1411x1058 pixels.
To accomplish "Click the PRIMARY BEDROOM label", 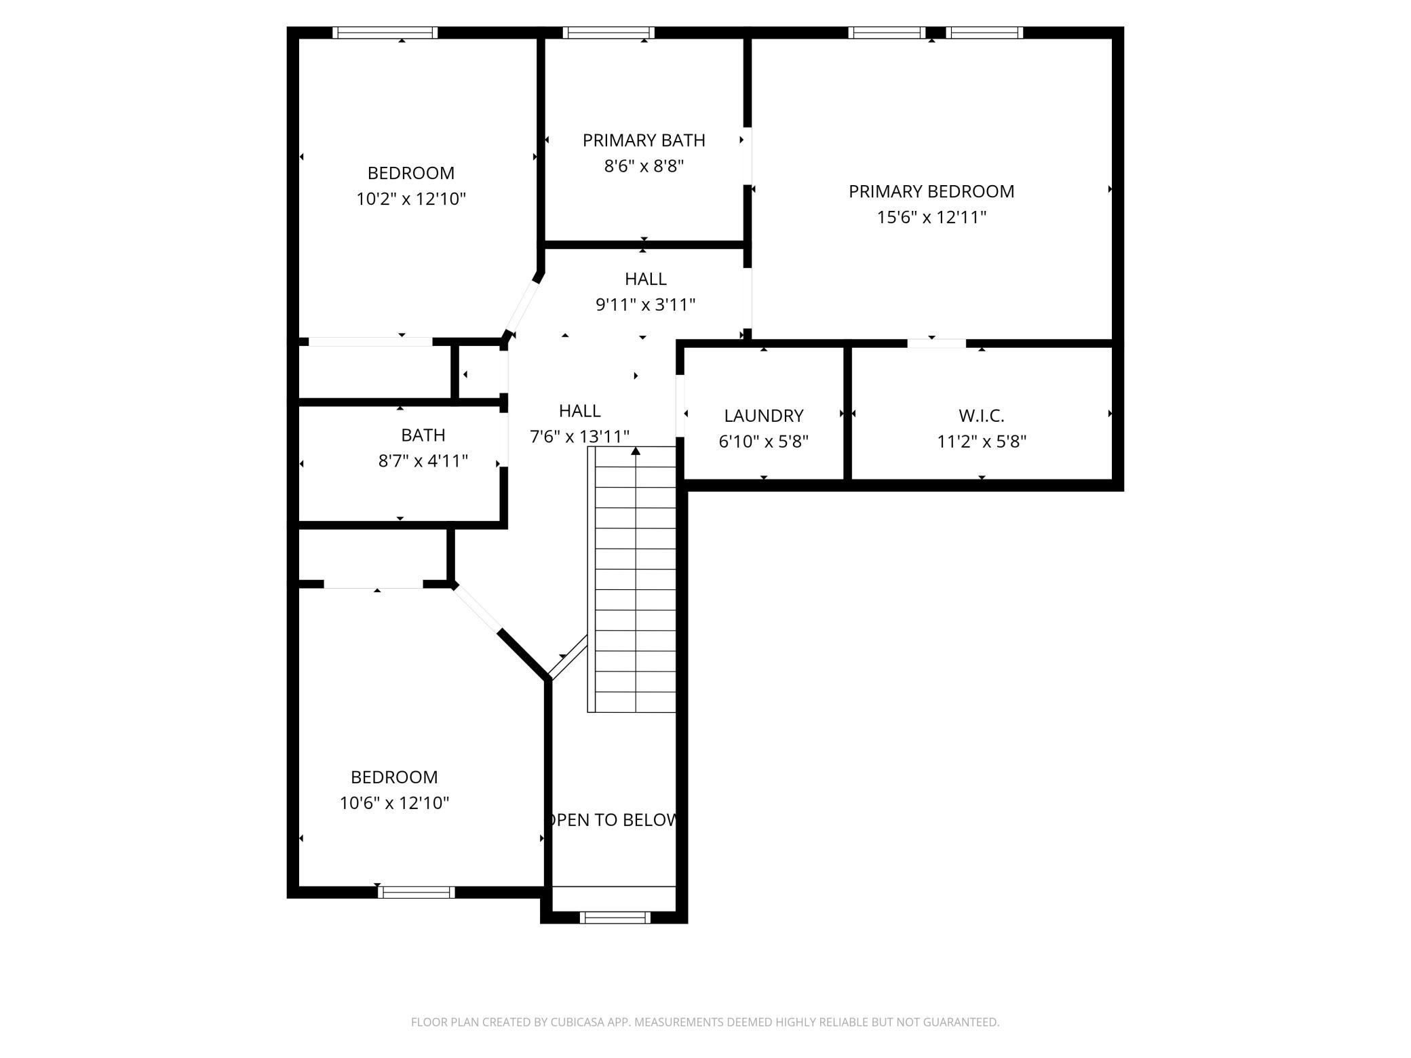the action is tap(931, 191).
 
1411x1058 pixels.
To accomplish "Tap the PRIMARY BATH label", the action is tap(644, 140).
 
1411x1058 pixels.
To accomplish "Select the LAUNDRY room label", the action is tap(763, 416).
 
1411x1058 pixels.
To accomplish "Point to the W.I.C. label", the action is tap(981, 416).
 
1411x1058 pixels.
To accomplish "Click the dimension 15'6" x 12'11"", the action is tap(931, 217).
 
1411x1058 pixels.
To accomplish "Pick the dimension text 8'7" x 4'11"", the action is tap(423, 461).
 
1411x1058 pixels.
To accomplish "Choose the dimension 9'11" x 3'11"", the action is tap(646, 305).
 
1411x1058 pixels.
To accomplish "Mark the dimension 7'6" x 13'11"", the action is tap(579, 436).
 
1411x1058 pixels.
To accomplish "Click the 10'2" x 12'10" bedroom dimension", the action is tap(411, 199).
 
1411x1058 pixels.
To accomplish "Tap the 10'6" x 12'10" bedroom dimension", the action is tap(394, 803).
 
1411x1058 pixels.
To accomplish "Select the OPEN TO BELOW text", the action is tap(613, 820).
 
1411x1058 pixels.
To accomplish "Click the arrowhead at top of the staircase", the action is tap(636, 451).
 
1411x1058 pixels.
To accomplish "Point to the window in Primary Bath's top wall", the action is tap(608, 33).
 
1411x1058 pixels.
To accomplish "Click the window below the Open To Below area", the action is tap(615, 918).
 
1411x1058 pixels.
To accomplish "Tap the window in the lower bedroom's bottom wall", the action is tap(417, 893).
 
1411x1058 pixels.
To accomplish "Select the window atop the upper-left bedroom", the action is tap(385, 33).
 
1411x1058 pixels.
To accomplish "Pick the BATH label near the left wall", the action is tap(423, 435).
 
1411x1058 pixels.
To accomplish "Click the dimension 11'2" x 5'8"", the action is tap(982, 442).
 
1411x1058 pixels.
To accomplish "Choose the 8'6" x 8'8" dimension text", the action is tap(644, 166).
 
